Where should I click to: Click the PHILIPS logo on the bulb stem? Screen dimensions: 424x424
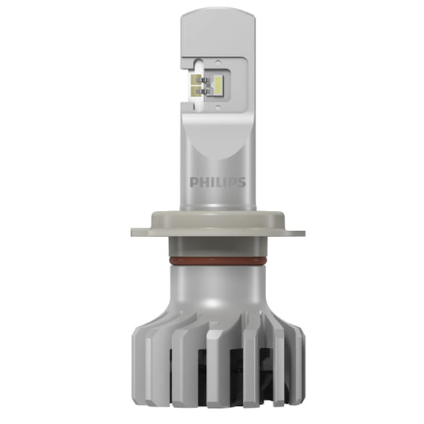pos(217,182)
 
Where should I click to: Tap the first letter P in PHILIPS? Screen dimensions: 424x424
pos(194,182)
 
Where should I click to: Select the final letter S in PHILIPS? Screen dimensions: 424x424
pos(241,182)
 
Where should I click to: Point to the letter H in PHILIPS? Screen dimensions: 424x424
pos(202,182)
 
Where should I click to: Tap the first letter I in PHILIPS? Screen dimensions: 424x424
pos(212,182)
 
